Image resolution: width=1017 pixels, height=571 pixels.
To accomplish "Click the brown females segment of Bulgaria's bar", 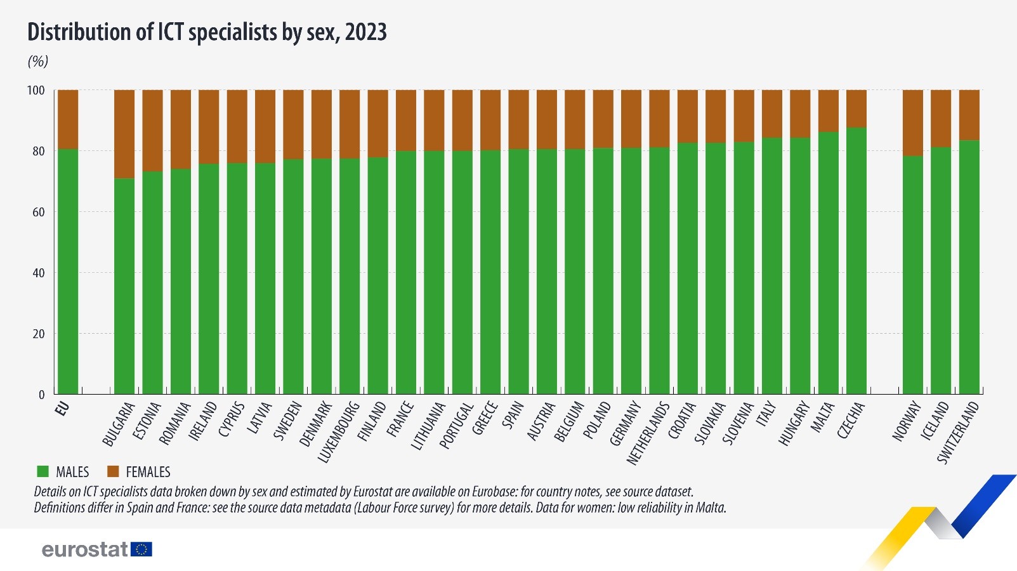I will tap(124, 134).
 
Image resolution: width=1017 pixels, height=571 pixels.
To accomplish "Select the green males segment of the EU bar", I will tap(68, 272).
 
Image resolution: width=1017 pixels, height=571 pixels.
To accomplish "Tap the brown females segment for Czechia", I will tap(856, 108).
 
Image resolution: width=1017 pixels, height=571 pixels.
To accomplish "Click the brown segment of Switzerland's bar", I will tap(969, 115).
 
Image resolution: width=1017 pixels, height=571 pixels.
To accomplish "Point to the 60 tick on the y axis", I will tap(38, 212).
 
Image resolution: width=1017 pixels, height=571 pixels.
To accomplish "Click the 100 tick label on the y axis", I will tap(36, 90).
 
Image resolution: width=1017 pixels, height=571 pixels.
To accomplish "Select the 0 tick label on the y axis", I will tap(42, 395).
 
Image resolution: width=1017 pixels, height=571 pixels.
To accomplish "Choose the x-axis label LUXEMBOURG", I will tap(339, 431).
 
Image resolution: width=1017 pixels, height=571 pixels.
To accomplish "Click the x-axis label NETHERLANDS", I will tap(648, 433).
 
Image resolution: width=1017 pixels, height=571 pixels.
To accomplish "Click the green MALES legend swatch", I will tap(43, 471).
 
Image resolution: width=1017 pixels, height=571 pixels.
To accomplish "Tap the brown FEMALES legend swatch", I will tap(113, 471).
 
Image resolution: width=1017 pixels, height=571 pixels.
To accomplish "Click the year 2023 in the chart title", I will tap(366, 32).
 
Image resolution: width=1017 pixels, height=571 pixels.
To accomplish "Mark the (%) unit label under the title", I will tap(38, 61).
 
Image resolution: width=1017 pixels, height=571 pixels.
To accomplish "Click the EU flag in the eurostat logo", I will tap(141, 549).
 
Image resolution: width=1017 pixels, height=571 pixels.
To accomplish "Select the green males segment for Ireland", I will tap(209, 279).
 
